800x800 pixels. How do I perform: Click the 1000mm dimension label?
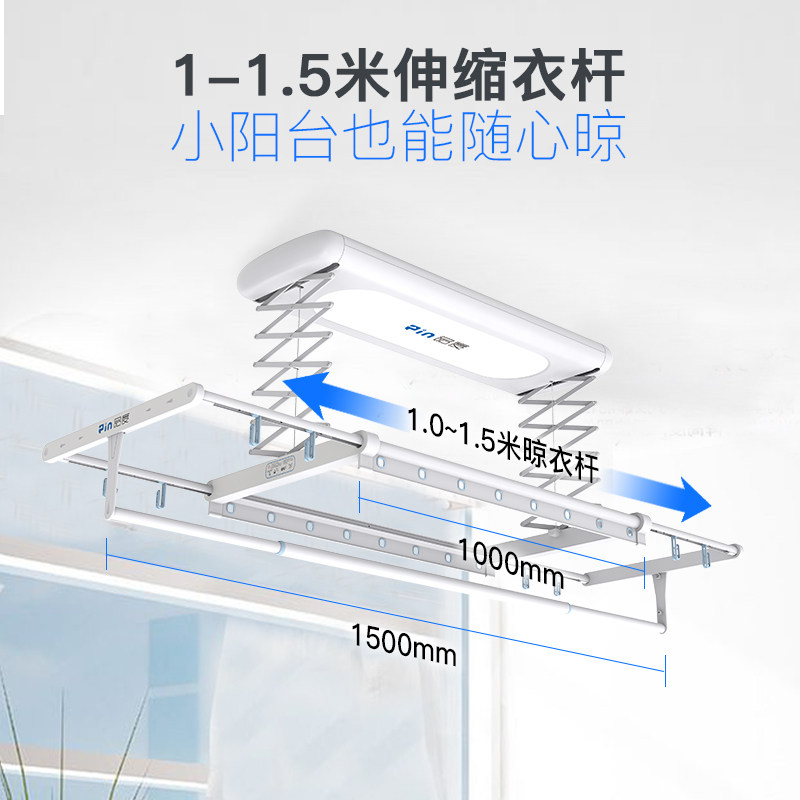click(511, 561)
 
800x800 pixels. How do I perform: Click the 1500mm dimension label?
click(403, 644)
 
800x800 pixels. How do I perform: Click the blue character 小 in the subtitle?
click(202, 141)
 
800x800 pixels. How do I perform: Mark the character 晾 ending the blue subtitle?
click(596, 141)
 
